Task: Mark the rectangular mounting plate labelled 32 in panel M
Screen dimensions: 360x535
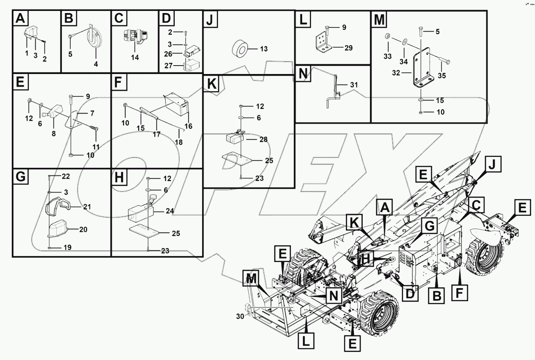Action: coord(422,69)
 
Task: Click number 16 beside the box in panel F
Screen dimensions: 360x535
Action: coord(188,126)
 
